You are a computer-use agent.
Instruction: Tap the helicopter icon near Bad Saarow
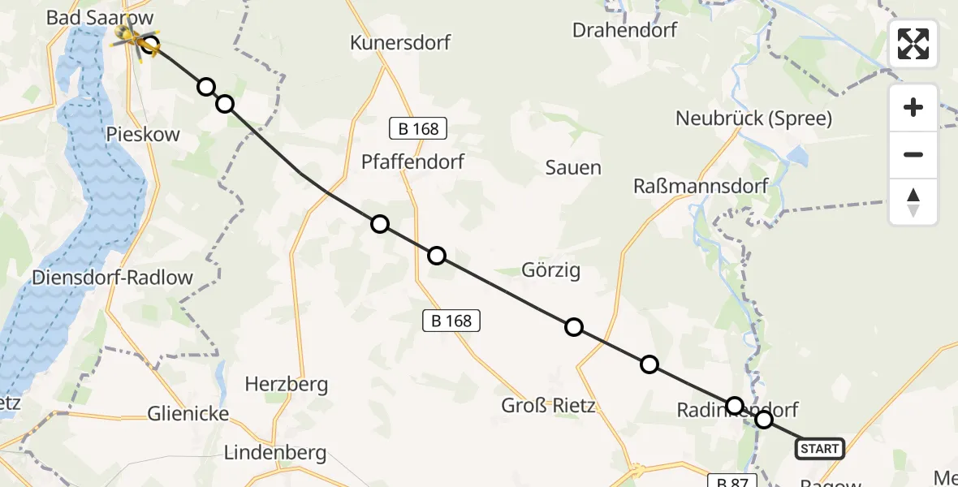(x=130, y=35)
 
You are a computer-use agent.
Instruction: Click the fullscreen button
(x=913, y=44)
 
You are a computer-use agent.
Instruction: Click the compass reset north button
(x=913, y=202)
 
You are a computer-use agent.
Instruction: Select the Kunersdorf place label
(x=400, y=42)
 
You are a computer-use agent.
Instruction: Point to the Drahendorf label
(x=624, y=30)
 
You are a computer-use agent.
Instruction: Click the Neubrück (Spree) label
(x=753, y=119)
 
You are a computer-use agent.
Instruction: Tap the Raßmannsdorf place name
(x=701, y=186)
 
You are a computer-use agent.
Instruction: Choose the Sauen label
(x=573, y=168)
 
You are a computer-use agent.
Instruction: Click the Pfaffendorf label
(x=412, y=162)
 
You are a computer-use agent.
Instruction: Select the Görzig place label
(x=551, y=270)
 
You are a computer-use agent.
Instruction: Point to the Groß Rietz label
(x=548, y=405)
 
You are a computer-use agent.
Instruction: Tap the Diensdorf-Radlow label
(x=112, y=278)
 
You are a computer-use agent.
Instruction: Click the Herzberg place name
(x=287, y=384)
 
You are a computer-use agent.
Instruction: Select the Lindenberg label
(x=274, y=453)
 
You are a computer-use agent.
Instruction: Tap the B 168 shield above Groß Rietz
(x=452, y=321)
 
